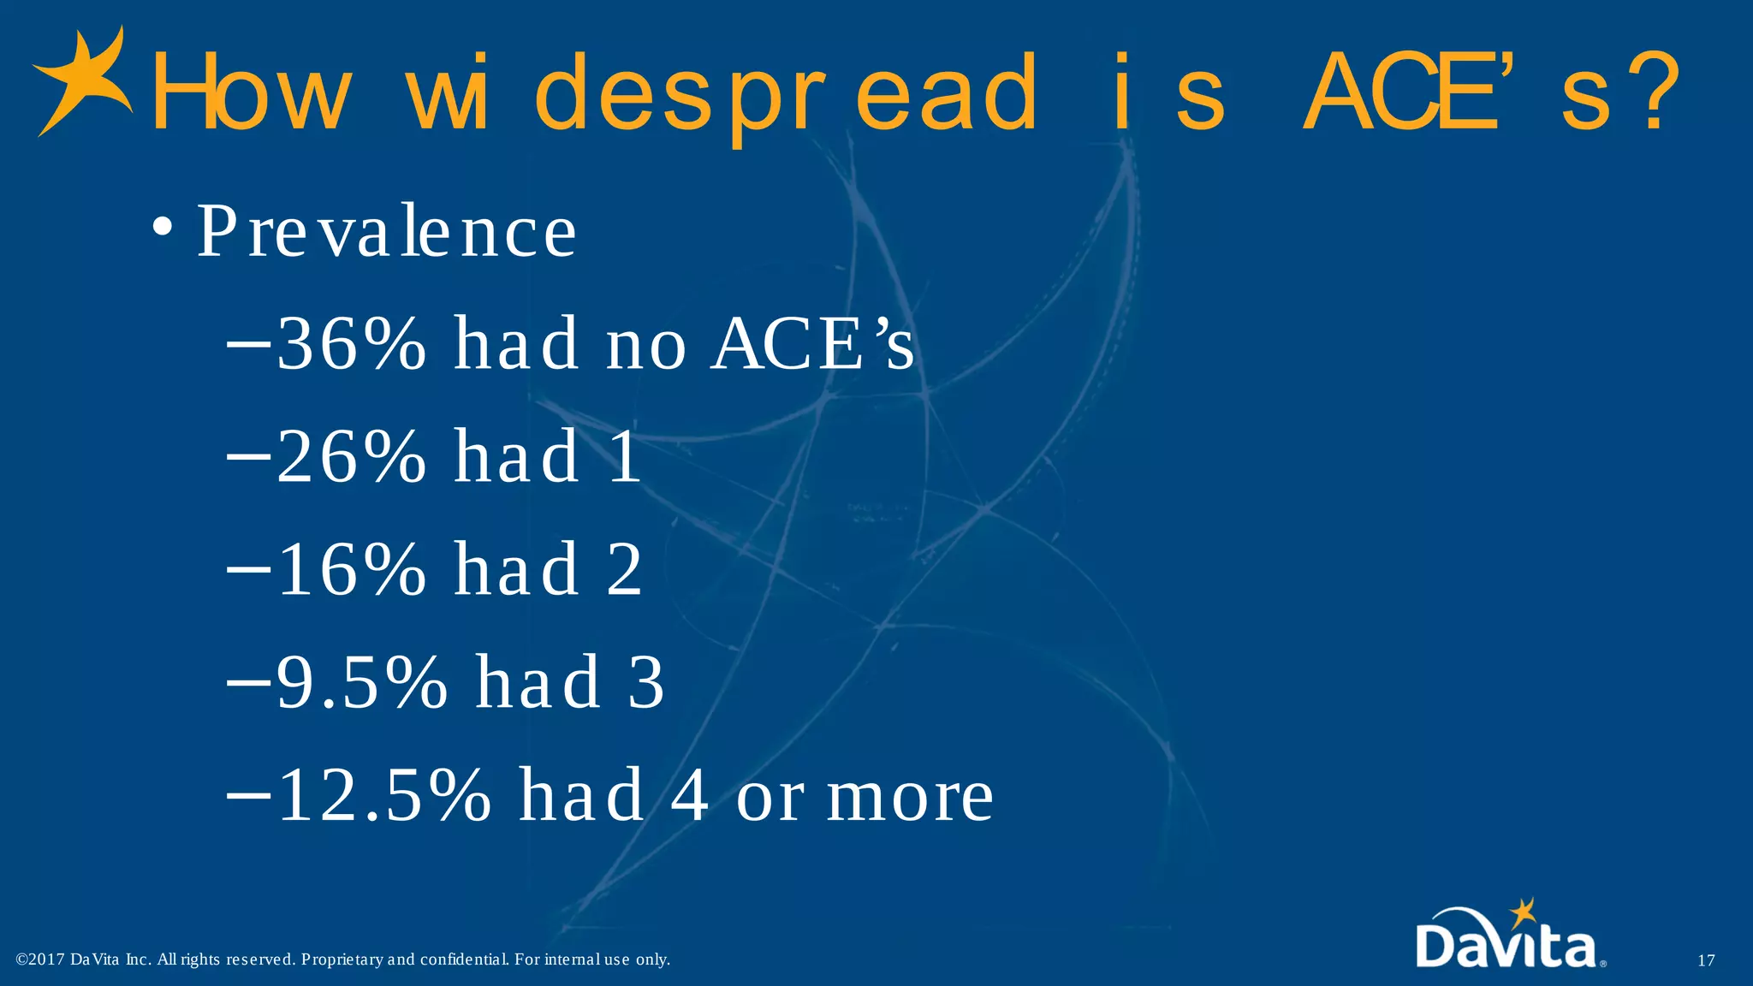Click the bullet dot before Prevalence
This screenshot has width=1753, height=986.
pyautogui.click(x=163, y=229)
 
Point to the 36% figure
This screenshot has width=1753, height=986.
pyautogui.click(x=351, y=344)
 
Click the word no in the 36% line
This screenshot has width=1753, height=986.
pyautogui.click(x=646, y=344)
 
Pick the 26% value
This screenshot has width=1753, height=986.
pyautogui.click(x=351, y=457)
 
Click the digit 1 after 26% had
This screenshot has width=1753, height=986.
pyautogui.click(x=626, y=457)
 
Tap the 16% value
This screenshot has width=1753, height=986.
pyautogui.click(x=351, y=570)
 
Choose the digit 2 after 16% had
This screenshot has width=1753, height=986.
pyautogui.click(x=625, y=570)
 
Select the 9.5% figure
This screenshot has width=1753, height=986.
pyautogui.click(x=361, y=683)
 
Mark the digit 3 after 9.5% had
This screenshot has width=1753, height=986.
pyautogui.click(x=646, y=683)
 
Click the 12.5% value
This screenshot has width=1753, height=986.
pyautogui.click(x=383, y=796)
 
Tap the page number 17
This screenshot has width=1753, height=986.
pyautogui.click(x=1706, y=960)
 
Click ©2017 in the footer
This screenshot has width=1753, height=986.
pyautogui.click(x=40, y=959)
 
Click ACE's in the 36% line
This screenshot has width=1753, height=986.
pyautogui.click(x=813, y=344)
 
